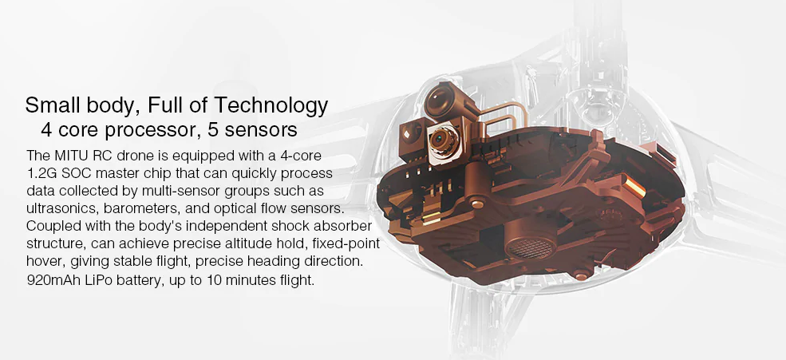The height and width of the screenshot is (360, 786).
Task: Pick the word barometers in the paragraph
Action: click(x=152, y=209)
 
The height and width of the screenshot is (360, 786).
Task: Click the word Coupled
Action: click(x=51, y=227)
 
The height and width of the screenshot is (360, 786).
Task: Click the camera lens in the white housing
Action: click(x=440, y=144)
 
